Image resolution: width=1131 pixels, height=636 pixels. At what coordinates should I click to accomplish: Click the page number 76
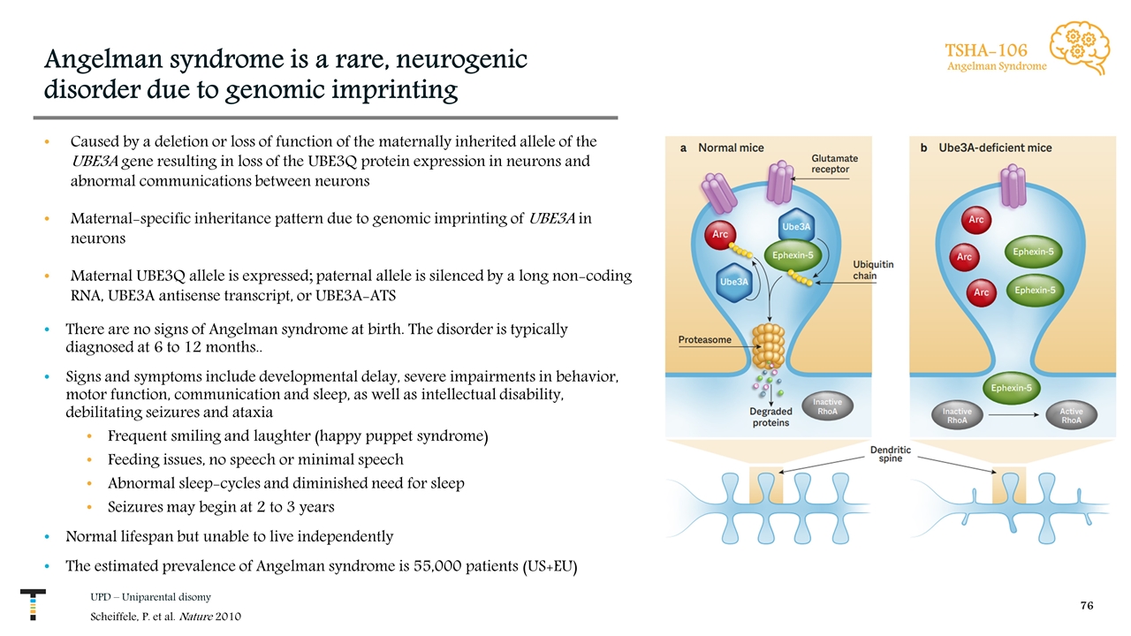point(1087,606)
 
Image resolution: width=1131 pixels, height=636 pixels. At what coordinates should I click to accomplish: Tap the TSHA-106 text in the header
point(987,49)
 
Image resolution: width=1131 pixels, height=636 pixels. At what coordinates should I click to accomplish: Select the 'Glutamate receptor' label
point(835,164)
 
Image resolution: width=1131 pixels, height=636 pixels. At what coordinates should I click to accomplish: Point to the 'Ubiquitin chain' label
point(872,269)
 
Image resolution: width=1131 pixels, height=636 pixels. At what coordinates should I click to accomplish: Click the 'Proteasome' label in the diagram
point(704,339)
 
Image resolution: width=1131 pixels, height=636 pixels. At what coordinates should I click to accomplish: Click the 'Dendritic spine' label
point(891,455)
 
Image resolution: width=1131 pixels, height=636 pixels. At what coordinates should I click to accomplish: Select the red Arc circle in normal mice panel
point(719,235)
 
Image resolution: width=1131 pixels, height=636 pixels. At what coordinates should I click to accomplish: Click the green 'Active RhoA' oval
point(1071,415)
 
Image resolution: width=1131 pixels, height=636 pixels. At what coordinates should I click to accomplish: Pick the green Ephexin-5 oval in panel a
point(793,256)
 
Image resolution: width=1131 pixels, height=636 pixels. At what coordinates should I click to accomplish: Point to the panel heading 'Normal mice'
point(731,148)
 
